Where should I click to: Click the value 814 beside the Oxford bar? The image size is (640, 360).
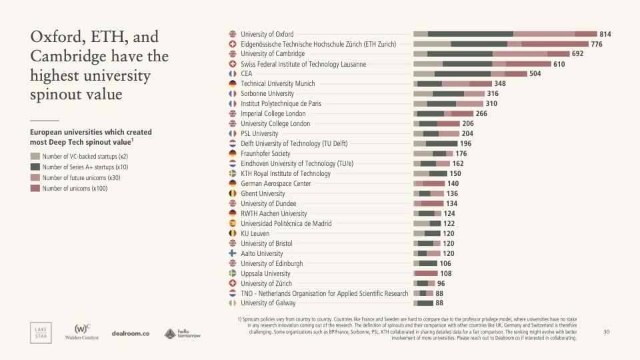click(605, 34)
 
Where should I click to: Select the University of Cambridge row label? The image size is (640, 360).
click(272, 54)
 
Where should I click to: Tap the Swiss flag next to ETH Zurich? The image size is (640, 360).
click(233, 44)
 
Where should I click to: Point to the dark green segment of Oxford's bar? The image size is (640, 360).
click(470, 34)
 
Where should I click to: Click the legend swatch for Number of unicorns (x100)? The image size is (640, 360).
click(35, 189)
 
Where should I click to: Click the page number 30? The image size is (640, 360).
click(606, 331)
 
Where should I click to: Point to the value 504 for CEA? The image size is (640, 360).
click(535, 74)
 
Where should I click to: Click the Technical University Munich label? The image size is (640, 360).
click(277, 84)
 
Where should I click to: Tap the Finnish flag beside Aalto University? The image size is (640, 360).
click(233, 253)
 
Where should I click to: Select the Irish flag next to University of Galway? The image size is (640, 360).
click(233, 303)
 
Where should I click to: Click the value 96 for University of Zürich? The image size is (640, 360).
click(441, 283)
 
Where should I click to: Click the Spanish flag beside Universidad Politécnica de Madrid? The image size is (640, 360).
click(233, 223)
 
